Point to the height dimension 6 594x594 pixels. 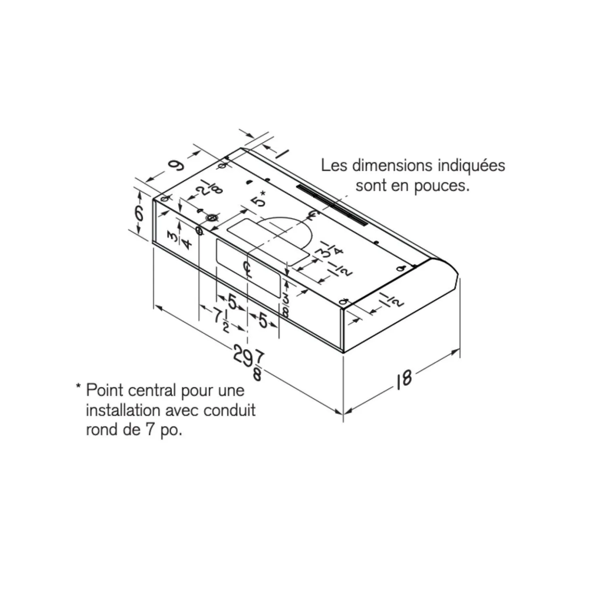point(139,213)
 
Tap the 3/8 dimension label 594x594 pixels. point(286,305)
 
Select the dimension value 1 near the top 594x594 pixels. point(282,153)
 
